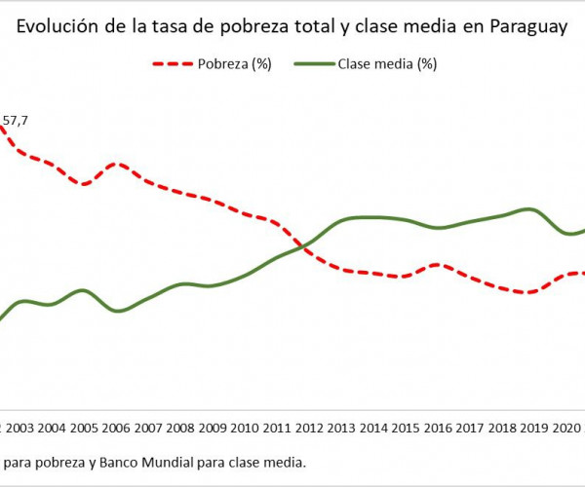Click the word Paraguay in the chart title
[x=526, y=29]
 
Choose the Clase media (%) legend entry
[x=387, y=65]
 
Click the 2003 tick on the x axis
[x=20, y=428]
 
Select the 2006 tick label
[x=116, y=428]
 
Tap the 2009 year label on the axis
[x=212, y=428]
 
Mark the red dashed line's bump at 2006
[x=117, y=164]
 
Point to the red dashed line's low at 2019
[x=527, y=292]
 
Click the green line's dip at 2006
[x=117, y=311]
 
